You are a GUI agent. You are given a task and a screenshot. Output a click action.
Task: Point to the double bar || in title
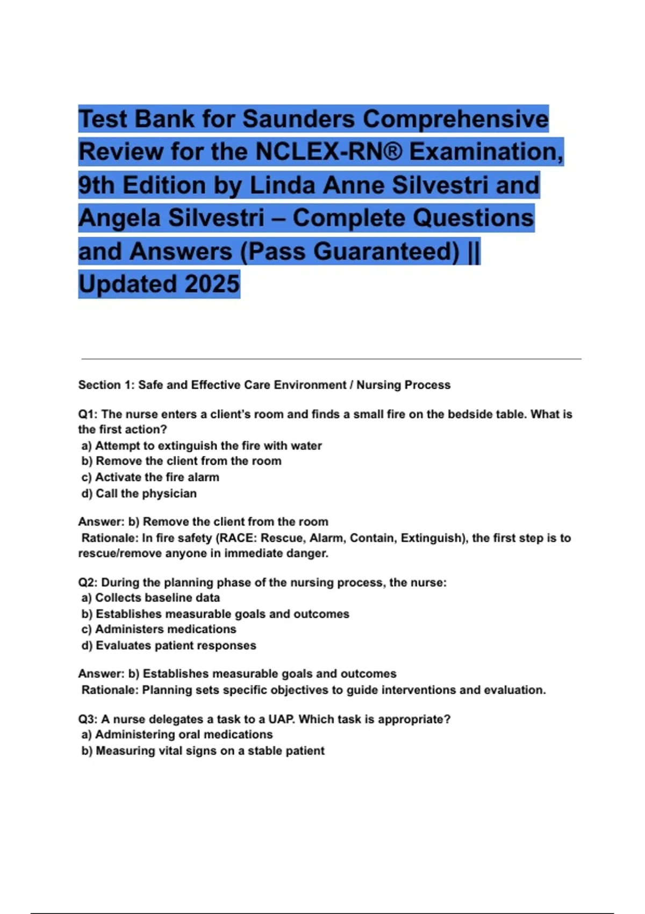[x=474, y=251]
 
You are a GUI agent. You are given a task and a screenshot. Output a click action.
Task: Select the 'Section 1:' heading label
[x=106, y=385]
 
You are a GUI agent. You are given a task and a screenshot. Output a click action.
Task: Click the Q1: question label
[x=88, y=415]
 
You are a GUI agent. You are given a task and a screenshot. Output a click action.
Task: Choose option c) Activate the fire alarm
[x=150, y=477]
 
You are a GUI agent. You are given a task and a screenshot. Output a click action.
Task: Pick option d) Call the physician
[x=139, y=493]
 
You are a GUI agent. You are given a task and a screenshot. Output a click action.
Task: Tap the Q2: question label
[x=88, y=583]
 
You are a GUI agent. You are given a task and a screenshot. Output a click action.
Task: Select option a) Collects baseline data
[x=150, y=598]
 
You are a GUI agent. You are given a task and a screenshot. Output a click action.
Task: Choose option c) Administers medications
[x=159, y=629]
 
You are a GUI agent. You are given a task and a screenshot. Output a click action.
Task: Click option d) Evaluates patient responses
[x=169, y=645]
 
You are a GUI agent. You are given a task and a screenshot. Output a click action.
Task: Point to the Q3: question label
[x=88, y=719]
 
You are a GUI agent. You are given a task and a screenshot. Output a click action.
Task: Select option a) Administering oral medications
[x=177, y=734]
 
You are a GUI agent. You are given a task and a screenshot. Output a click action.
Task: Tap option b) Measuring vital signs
[x=203, y=751]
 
